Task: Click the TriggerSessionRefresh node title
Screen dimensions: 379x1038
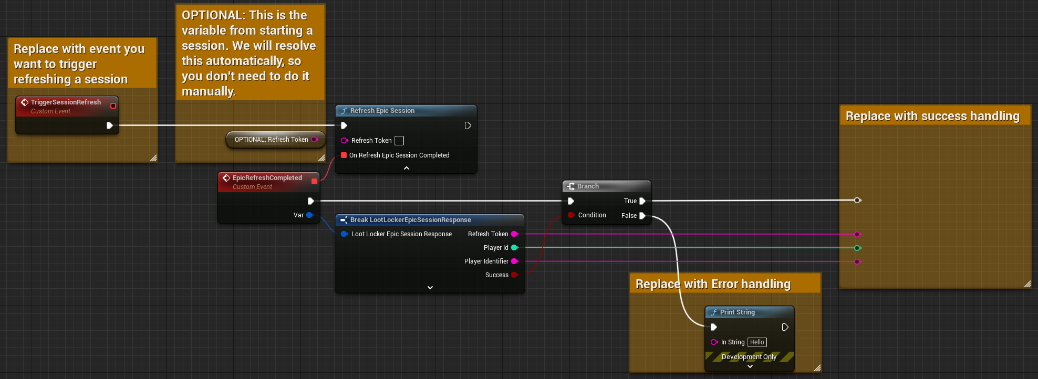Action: click(66, 102)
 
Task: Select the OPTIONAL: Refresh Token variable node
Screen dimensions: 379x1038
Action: click(272, 140)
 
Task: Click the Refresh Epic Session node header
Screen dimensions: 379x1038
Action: click(382, 111)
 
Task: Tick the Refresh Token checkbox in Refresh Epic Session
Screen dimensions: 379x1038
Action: click(399, 141)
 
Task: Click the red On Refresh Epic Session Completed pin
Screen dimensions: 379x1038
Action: click(344, 155)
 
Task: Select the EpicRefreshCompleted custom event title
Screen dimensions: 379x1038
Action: click(267, 178)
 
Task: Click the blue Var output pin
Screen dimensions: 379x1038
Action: click(310, 215)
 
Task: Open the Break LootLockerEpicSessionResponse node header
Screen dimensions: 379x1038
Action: click(410, 220)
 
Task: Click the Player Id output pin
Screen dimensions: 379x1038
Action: click(515, 248)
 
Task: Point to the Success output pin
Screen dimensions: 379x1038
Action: click(515, 275)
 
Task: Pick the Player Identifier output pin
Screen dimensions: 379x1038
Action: click(515, 261)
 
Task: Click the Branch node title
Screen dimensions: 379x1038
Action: click(588, 186)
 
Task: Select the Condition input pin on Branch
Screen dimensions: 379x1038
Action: click(571, 215)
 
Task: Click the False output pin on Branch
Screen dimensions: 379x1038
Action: click(642, 216)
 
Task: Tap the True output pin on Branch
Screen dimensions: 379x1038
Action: click(642, 201)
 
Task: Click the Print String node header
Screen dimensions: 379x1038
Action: click(737, 312)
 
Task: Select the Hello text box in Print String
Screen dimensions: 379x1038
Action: click(757, 342)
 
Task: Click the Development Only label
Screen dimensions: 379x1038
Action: click(749, 357)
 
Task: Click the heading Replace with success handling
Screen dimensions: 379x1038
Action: click(932, 116)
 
